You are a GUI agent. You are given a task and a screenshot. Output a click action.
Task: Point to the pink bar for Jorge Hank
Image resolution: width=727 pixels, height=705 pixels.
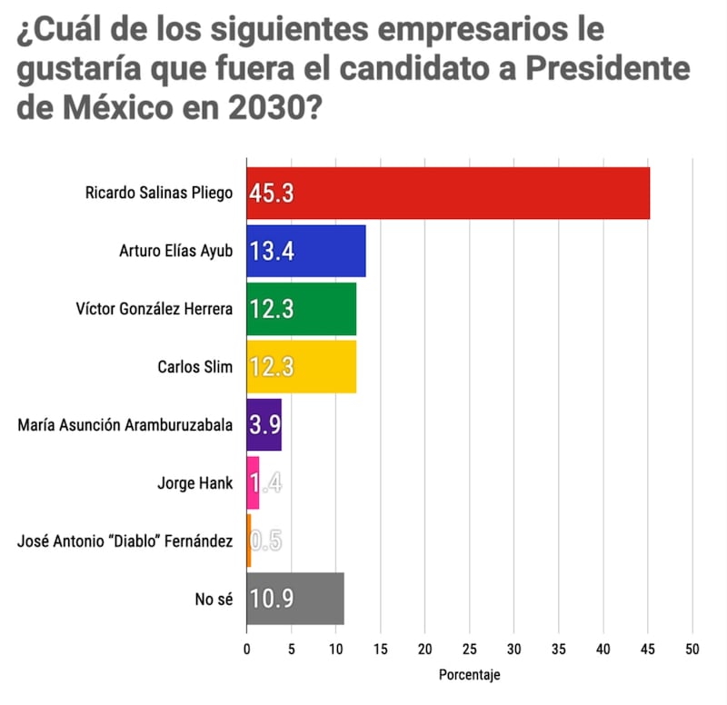coord(253,483)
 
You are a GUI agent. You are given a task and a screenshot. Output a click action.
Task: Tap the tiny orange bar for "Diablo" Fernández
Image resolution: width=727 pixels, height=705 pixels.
coord(249,541)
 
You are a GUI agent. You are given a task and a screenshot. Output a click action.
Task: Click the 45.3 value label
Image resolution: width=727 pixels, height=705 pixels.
coord(273,194)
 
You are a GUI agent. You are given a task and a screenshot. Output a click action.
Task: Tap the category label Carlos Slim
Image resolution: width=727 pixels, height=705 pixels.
coord(195,367)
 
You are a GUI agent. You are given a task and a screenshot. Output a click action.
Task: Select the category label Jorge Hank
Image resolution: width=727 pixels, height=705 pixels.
coord(195,483)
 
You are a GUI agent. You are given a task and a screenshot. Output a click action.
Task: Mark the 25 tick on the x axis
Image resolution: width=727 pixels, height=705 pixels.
coord(470,650)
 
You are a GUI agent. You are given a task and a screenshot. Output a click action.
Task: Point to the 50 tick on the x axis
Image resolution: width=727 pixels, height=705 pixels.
coord(693,650)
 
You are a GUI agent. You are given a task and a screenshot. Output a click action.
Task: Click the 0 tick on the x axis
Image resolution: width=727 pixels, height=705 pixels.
coord(246,650)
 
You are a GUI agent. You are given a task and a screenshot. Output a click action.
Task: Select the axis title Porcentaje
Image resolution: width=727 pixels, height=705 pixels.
coord(469,676)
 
